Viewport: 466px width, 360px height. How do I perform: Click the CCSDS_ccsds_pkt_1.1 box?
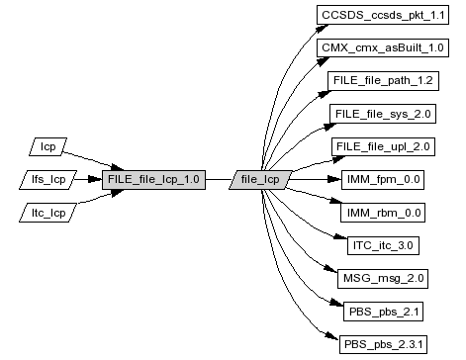(383, 15)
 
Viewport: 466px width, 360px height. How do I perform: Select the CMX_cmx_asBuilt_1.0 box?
(383, 47)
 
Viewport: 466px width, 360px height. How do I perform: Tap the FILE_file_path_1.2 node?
(383, 81)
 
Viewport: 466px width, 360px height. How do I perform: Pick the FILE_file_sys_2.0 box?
(383, 114)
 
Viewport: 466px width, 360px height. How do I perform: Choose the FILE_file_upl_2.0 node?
(383, 146)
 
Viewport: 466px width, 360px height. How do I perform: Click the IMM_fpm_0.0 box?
(383, 180)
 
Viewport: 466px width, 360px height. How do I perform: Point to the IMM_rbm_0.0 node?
(383, 213)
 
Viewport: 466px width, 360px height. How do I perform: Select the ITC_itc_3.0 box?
(383, 245)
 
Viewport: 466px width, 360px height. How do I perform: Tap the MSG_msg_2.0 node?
(383, 279)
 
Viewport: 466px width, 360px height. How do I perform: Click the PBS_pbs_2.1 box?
(383, 312)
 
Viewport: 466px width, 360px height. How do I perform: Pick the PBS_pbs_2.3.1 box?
(383, 344)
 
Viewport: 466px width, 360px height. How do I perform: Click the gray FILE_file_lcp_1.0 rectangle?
(153, 180)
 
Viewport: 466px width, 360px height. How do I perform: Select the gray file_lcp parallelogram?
(260, 180)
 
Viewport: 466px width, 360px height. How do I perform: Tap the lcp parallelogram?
(47, 146)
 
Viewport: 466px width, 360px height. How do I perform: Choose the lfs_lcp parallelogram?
(48, 180)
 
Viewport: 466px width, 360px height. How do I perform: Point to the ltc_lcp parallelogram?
(48, 213)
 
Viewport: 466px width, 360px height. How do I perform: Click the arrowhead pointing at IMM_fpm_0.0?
(334, 179)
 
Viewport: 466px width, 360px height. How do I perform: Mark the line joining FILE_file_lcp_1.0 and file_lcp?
(219, 180)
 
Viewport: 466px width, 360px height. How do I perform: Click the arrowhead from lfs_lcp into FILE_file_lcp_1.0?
(95, 179)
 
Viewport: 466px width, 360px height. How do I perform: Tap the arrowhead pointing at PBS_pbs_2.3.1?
(332, 336)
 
